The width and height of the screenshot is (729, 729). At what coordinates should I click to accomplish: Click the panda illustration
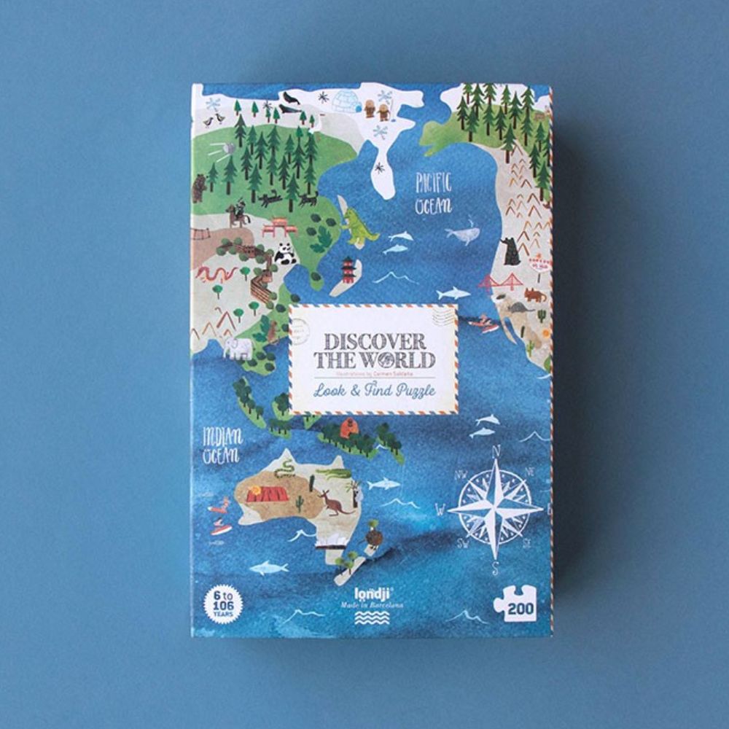(284, 254)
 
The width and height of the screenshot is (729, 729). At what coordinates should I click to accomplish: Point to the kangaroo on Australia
(332, 502)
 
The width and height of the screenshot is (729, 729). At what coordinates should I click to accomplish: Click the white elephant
(238, 348)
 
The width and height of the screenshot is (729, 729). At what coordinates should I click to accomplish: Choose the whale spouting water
(463, 233)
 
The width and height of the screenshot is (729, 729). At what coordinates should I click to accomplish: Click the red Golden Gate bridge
(502, 281)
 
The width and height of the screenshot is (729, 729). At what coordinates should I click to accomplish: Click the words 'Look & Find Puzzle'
(374, 390)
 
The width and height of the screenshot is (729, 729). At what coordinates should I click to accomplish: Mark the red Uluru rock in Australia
(268, 494)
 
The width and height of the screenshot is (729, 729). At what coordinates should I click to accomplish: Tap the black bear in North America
(512, 251)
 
